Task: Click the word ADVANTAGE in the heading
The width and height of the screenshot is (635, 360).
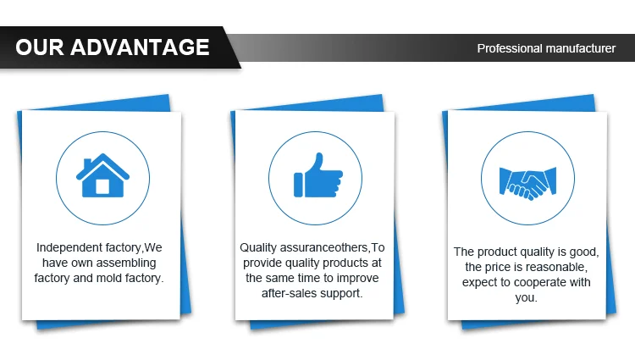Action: [140, 47]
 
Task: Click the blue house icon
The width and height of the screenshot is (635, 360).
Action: [102, 175]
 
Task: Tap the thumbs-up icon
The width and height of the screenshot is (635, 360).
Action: [318, 175]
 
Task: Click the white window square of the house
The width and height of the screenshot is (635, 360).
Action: [102, 186]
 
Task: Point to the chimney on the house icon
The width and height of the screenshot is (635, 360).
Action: [87, 163]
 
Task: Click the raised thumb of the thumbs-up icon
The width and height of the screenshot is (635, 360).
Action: [318, 161]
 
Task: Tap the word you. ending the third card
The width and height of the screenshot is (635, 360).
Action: [526, 298]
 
